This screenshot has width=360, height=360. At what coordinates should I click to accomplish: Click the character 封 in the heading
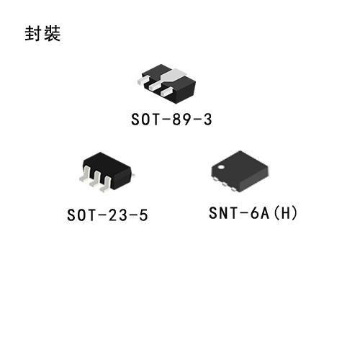click(33, 33)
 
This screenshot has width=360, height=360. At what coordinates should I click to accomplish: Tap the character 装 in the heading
click(52, 33)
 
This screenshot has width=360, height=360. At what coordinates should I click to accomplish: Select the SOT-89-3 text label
click(171, 120)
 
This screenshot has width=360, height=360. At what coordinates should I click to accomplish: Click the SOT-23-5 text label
click(107, 215)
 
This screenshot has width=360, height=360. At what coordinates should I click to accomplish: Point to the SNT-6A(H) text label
click(253, 212)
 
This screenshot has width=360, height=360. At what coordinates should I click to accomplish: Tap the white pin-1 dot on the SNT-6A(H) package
click(221, 167)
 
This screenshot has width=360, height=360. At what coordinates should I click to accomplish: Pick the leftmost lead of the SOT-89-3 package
click(143, 80)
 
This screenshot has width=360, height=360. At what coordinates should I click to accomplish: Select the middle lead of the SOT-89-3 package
click(155, 86)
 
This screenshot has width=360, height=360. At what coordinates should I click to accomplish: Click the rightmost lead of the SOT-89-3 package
click(166, 92)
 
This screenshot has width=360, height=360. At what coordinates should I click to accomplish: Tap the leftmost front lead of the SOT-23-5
click(85, 174)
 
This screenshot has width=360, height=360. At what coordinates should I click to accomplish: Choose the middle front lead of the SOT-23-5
click(94, 179)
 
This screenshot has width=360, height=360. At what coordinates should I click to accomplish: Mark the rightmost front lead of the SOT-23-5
click(105, 184)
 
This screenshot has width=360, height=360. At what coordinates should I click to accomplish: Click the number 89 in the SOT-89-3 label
click(180, 120)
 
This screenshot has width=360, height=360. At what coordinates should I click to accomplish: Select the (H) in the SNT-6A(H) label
click(286, 212)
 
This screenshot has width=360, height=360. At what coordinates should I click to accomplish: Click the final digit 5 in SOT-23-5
click(143, 215)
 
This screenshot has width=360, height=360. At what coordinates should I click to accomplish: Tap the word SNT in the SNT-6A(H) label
click(221, 212)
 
